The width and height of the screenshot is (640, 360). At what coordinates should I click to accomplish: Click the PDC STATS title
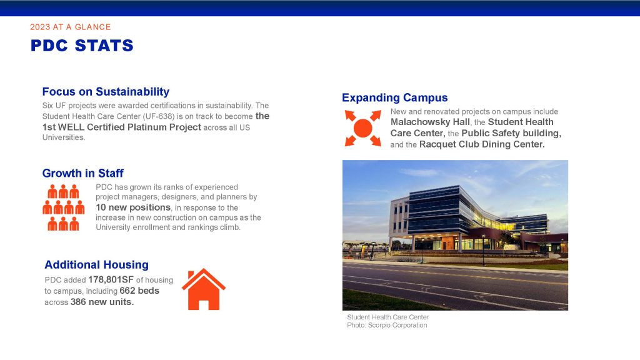(82, 46)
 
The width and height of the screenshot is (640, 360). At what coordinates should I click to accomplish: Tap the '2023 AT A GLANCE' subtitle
(71, 27)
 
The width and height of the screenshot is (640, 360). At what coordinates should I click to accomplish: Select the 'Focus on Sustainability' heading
(106, 91)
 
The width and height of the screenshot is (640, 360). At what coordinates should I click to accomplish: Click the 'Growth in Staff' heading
(83, 173)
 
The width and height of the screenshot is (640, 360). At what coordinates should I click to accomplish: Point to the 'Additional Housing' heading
(96, 264)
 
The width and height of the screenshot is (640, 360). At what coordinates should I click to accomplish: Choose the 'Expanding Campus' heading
(395, 97)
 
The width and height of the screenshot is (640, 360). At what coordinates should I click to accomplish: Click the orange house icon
(204, 289)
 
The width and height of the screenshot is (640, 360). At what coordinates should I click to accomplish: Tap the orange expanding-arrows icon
(363, 128)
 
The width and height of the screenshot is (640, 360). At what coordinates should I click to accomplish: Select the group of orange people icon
(64, 207)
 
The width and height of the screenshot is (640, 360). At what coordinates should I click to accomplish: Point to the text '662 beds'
(139, 291)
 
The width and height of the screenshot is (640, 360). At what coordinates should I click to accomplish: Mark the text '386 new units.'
(102, 302)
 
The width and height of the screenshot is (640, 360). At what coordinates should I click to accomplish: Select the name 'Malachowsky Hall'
(430, 122)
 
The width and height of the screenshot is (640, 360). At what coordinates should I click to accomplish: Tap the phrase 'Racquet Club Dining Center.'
(482, 144)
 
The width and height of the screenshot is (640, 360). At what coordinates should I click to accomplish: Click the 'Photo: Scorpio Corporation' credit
(387, 325)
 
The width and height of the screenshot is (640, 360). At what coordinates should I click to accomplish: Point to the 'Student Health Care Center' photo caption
(387, 317)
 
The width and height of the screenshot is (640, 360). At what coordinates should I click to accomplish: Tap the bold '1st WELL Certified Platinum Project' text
(122, 127)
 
